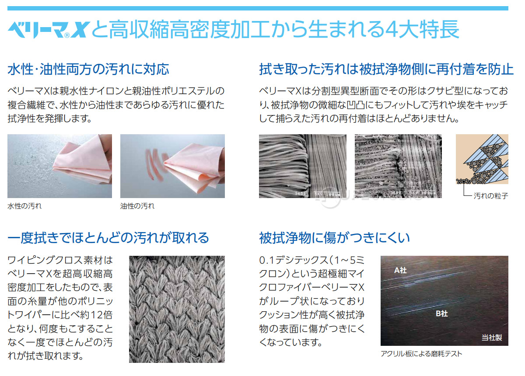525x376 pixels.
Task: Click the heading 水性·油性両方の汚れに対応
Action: [x=88, y=69]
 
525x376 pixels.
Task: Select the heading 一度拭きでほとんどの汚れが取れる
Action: [x=108, y=238]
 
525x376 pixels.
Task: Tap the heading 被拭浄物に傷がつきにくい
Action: [x=334, y=238]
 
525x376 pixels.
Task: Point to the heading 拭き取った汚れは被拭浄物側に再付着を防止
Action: [x=386, y=69]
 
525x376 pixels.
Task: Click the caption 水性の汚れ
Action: [x=24, y=205]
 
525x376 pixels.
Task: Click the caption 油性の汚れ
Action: [x=137, y=205]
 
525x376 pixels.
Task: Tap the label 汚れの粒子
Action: [x=491, y=196]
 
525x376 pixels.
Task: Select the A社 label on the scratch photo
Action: [x=400, y=271]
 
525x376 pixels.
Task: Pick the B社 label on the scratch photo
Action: [x=441, y=313]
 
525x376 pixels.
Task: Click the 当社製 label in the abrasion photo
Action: [x=492, y=337]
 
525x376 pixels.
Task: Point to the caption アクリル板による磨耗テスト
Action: [x=421, y=353]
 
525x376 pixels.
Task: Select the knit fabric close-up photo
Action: [x=177, y=309]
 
